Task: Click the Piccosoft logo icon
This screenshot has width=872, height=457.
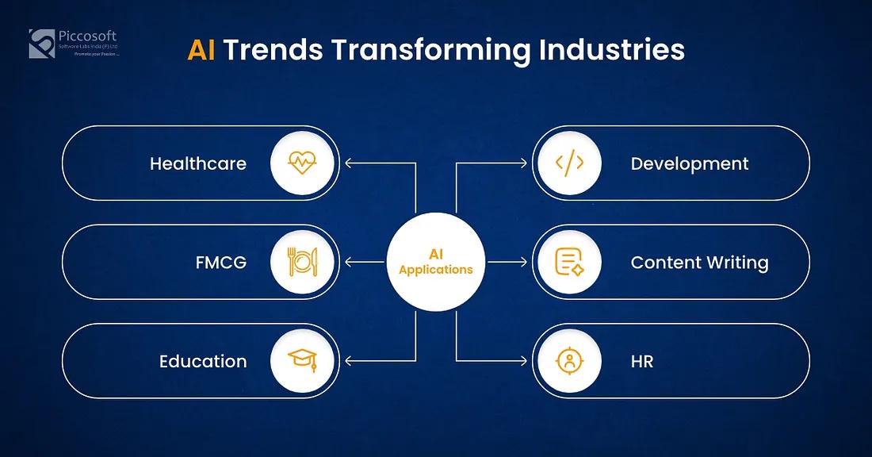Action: coord(42,43)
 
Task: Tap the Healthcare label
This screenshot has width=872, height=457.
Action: coord(198,163)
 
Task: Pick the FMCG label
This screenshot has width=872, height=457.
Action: coord(221,262)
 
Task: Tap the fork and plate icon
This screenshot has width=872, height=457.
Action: coord(302,262)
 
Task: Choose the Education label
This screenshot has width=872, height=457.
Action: coord(203,361)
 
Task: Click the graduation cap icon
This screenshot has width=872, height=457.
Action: coord(302,361)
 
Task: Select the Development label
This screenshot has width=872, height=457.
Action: coord(690,163)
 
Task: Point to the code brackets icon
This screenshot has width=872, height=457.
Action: coord(569,163)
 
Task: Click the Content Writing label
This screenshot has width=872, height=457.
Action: coord(699,262)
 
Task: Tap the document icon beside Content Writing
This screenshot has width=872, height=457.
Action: coord(569,262)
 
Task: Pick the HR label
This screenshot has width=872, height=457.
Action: coord(642,361)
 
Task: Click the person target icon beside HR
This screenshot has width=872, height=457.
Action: coord(569,361)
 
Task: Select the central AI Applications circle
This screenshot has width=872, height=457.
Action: coord(436,262)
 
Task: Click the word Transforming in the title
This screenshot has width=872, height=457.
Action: coord(430,50)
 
